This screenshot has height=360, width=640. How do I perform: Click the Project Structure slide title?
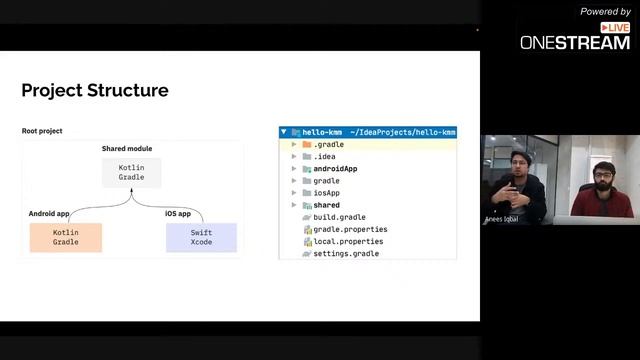point(95,91)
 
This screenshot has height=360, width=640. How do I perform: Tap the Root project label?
point(43,132)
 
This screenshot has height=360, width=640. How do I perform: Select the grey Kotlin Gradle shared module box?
point(131,171)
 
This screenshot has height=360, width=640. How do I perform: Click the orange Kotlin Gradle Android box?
point(66,237)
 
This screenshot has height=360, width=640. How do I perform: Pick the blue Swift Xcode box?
point(201,237)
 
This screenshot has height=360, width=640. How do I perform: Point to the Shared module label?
point(127,149)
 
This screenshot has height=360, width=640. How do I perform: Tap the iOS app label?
point(178,214)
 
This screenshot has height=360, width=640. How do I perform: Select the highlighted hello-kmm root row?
point(367,132)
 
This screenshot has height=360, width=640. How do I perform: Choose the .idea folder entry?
point(324,157)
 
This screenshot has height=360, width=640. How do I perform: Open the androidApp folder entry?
point(335,169)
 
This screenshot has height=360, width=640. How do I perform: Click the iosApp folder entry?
point(326,193)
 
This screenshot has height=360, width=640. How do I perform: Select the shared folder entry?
point(326,205)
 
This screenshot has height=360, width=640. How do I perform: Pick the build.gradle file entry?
point(339,217)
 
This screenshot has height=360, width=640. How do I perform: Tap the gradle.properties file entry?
point(350,230)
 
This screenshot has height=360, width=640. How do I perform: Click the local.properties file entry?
point(349,242)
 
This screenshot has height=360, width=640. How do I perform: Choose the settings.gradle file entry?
point(346,254)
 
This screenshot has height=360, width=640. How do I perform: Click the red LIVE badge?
point(615,28)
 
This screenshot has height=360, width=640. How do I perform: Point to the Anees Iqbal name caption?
point(501,216)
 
